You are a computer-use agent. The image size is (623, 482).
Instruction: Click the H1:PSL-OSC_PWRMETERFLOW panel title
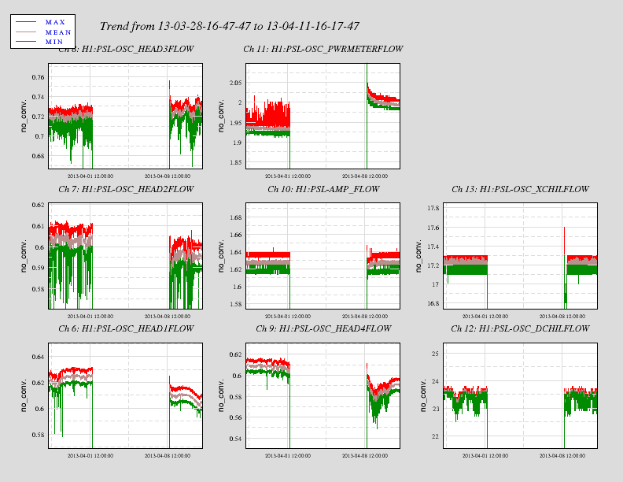coord(323,49)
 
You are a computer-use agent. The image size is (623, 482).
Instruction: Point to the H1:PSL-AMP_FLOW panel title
coord(323,189)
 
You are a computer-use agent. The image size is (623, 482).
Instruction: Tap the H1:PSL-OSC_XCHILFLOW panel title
coord(520,189)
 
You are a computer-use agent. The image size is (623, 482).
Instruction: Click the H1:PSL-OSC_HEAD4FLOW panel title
coord(323,328)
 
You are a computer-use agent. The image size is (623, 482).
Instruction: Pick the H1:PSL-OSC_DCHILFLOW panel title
coord(520,328)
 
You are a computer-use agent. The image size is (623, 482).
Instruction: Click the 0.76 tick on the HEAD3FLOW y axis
coord(37,77)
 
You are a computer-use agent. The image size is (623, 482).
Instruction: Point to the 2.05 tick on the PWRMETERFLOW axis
coord(233,83)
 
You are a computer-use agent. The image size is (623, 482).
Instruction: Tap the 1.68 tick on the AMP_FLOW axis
coord(233,217)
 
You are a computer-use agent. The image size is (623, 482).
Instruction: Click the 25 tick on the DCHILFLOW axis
coord(433,354)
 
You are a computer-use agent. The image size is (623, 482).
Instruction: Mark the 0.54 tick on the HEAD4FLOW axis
coord(233,439)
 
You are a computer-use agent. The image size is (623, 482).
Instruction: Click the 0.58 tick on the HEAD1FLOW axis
coord(37,435)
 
